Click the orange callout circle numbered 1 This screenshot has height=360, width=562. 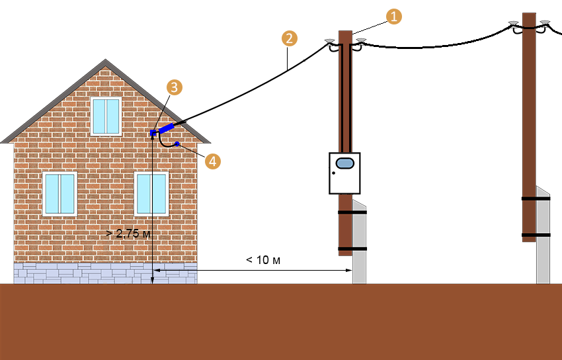(393, 17)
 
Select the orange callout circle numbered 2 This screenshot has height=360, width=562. (289, 38)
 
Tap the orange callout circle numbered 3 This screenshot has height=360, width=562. (174, 87)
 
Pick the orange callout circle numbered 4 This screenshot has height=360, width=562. (212, 161)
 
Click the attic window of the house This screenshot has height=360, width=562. (106, 116)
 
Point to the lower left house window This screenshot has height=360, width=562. (60, 194)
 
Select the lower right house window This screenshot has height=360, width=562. (151, 194)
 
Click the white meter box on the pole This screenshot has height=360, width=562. (344, 173)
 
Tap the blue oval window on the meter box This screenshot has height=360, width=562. (344, 163)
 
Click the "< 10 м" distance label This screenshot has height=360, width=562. (263, 259)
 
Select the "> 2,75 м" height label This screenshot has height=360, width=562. (128, 234)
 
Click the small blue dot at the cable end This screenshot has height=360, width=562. (177, 144)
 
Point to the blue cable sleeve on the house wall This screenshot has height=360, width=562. (167, 128)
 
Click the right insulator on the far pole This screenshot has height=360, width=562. (545, 23)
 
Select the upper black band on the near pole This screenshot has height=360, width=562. (352, 212)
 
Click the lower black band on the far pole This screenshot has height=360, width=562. (536, 235)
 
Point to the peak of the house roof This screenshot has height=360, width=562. (105, 60)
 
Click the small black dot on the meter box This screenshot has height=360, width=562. (334, 173)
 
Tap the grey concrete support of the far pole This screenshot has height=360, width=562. (543, 236)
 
